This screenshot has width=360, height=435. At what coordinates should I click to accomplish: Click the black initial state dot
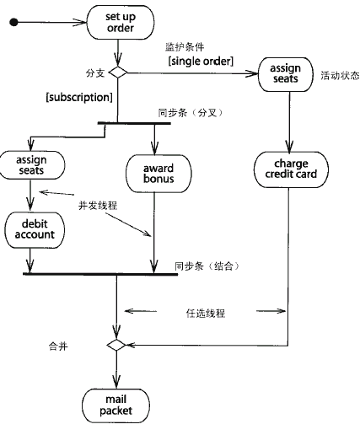pos(13,22)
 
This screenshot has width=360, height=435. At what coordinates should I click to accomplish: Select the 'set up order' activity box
pos(121,22)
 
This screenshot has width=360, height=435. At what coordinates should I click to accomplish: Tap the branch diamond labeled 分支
pos(118,72)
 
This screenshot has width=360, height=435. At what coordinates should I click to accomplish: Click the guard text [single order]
pos(201,61)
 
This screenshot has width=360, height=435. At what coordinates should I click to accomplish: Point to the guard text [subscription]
pos(79,97)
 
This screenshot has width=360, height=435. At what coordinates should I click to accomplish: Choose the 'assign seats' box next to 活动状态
pos(286,74)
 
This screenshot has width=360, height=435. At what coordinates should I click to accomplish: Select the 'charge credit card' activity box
pos(291,169)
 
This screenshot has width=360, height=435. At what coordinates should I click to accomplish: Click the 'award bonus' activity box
pos(159,174)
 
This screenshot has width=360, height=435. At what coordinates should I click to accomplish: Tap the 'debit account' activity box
pos(35,230)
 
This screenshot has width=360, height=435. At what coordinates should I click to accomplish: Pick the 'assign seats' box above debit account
pos(32,165)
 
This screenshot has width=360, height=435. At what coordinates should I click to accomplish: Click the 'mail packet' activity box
pos(116,405)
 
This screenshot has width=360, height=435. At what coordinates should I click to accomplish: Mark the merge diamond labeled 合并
pos(116,345)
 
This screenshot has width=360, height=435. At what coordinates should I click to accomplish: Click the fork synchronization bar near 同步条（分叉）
pos(134,123)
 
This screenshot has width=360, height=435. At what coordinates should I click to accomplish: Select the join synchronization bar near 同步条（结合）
pos(100,274)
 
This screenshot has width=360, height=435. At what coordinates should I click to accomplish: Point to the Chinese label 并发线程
pos(98,206)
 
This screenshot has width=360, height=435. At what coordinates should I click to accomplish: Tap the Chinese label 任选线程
pos(206,313)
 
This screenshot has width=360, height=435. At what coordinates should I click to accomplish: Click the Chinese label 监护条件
pos(185,46)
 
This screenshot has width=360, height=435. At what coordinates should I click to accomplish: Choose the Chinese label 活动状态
pos(340,75)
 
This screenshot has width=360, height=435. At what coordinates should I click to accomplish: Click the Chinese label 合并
pos(58,346)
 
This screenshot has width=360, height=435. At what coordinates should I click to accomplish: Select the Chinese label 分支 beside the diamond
pos(95,73)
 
